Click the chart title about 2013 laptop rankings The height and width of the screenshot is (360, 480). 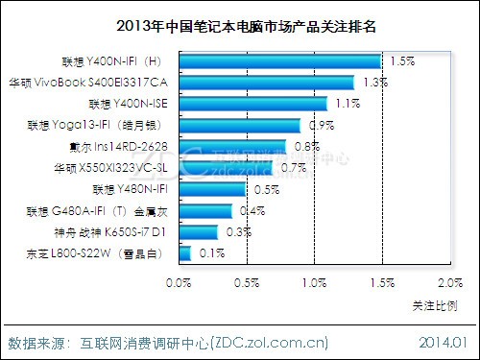tap(239, 26)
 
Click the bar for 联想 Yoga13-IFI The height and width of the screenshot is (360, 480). tap(240, 125)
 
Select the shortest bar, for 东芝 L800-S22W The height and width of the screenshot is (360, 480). tap(185, 253)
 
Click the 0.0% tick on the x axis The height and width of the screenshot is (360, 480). tap(180, 283)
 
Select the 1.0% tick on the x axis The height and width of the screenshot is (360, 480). tap(315, 283)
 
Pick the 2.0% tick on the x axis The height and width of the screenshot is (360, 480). tap(449, 283)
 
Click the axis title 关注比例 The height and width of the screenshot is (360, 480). tap(435, 304)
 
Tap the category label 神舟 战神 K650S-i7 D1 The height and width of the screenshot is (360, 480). tap(109, 231)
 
